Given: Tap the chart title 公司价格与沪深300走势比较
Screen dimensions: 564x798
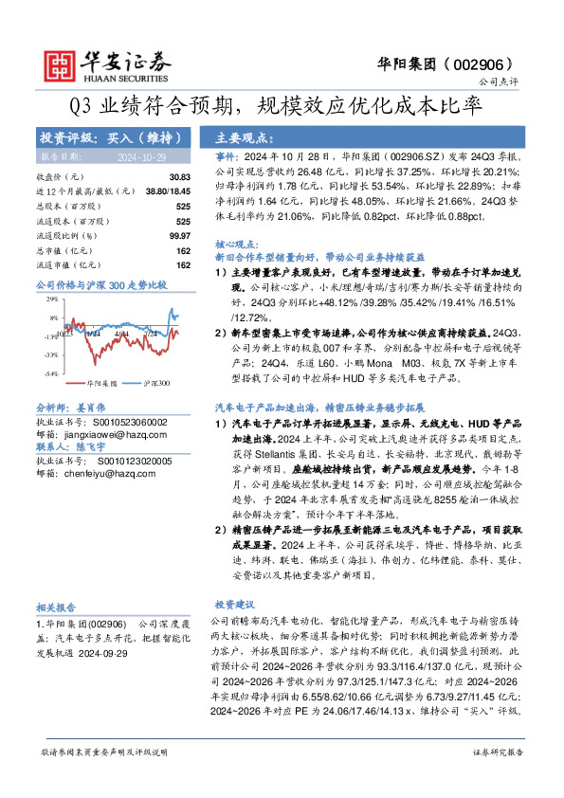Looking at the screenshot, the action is click(100, 284).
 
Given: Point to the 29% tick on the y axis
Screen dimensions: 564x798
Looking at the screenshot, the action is click(51, 299).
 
